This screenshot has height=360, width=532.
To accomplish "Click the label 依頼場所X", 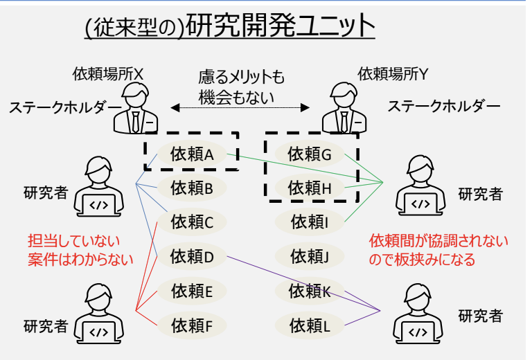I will point(108,73).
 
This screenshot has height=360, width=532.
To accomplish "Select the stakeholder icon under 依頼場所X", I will point(134,111).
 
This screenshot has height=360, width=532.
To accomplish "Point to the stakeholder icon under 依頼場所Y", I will point(344,111).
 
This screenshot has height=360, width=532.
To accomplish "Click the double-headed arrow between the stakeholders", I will point(240,108).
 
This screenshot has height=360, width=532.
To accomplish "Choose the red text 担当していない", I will point(73,241).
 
